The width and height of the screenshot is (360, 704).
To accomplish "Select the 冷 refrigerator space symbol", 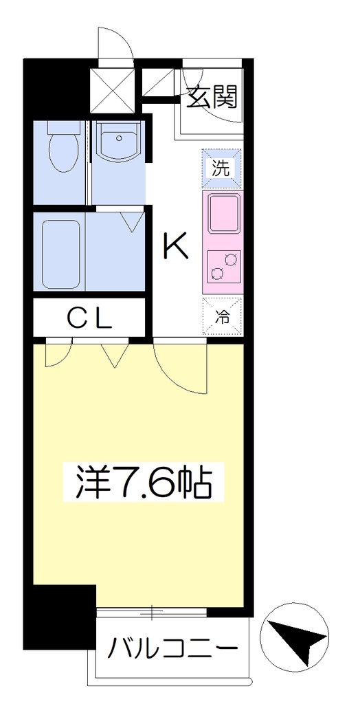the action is (222, 316).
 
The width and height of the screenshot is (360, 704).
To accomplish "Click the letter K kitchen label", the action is (175, 245).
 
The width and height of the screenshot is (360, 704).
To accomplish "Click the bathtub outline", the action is (61, 254).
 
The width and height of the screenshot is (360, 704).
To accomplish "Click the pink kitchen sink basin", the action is (222, 214).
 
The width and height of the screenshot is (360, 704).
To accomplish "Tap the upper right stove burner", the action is (231, 258).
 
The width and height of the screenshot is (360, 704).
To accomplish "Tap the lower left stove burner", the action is (217, 272).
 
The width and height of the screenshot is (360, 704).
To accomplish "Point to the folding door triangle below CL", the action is (115, 355).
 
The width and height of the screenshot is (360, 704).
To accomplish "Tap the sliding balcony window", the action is (152, 611).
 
